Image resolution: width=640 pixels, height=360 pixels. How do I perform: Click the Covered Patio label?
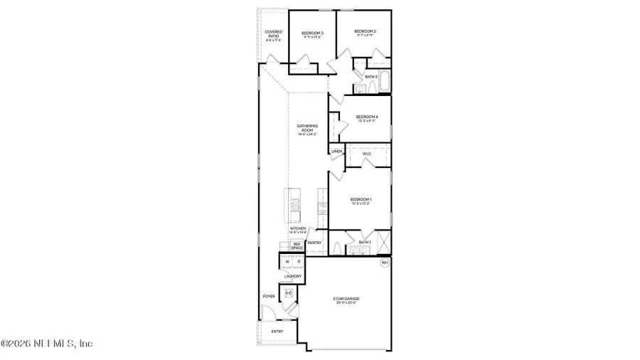(274, 33)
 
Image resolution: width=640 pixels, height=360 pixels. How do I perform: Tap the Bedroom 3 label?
(312, 33)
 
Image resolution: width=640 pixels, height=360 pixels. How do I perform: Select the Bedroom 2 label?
(365, 31)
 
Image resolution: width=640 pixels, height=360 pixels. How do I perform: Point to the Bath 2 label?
(370, 76)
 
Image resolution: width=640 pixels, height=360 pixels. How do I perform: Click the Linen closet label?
(336, 152)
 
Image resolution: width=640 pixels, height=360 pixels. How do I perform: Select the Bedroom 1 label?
(361, 199)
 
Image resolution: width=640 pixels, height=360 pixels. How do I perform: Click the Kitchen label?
(297, 228)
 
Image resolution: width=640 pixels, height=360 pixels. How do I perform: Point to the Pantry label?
(314, 243)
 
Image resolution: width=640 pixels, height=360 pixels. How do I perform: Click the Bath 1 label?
(365, 243)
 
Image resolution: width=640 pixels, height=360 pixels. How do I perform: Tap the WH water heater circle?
(385, 263)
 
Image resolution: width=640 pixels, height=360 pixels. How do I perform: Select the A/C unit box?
(289, 292)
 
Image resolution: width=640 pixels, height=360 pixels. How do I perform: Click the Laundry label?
(293, 276)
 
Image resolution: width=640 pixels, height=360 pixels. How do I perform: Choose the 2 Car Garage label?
(345, 300)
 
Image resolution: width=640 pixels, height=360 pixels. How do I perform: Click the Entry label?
(277, 331)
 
